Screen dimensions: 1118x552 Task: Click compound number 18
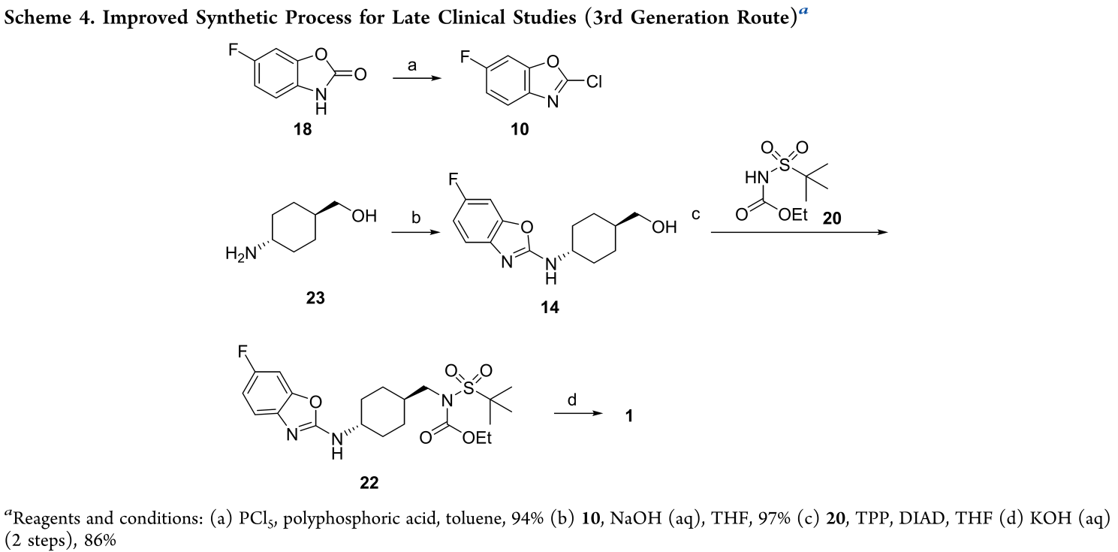303,129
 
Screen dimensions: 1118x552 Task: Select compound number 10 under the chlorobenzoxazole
520,129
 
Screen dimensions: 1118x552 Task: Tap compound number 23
315,298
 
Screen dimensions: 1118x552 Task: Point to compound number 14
550,307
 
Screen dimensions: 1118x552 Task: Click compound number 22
369,483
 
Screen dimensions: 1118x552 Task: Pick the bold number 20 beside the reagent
832,218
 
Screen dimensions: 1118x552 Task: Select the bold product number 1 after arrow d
629,415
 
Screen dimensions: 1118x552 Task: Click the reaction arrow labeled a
417,78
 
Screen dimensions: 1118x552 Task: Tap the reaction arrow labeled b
416,232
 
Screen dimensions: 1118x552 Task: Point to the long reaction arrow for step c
800,232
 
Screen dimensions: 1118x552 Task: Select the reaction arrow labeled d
579,413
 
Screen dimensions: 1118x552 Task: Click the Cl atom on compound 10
594,81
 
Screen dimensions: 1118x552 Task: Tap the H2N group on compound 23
240,254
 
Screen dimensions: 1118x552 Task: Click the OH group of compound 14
664,227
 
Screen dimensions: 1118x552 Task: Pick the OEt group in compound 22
477,438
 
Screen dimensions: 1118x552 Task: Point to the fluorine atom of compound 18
233,50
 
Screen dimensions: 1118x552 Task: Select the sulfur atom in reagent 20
785,164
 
